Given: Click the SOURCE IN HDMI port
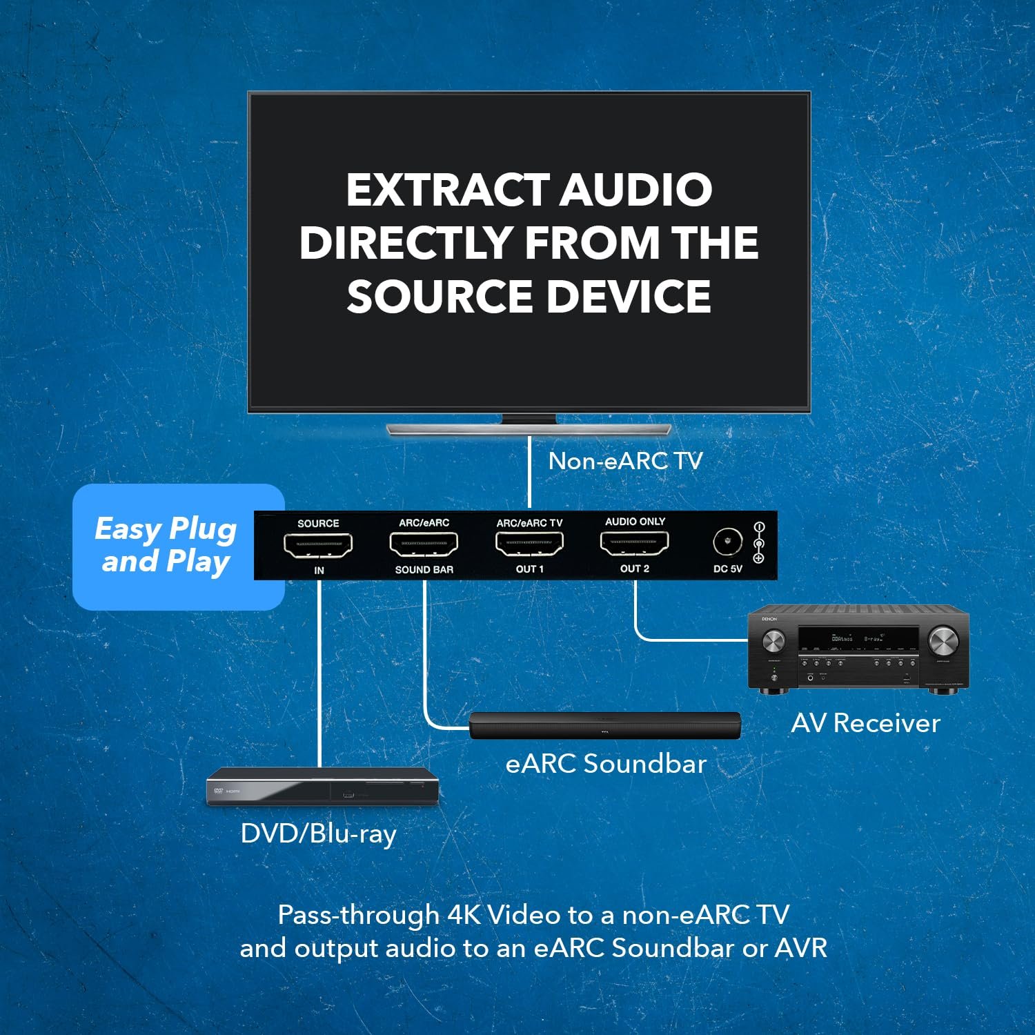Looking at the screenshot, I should click(318, 545).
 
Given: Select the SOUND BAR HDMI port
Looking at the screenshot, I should click(424, 545).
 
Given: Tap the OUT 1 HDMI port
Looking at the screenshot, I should click(529, 544).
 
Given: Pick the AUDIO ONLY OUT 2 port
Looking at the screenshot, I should click(635, 544).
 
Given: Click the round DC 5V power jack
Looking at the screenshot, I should click(727, 542).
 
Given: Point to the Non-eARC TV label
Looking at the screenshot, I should click(625, 461).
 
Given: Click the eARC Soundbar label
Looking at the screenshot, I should click(606, 764).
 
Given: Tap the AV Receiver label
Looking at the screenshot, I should click(865, 723).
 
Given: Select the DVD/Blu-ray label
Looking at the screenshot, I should click(318, 834).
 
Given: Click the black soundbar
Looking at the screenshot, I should click(605, 725).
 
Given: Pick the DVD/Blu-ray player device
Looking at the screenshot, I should click(322, 787).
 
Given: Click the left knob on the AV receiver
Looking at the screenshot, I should click(773, 641).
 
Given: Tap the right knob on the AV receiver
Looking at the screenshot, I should click(943, 641).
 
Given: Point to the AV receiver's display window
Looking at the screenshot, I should click(858, 639).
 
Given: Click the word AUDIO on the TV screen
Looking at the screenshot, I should click(635, 190).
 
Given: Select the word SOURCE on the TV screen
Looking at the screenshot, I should click(439, 297).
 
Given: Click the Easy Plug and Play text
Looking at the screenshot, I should click(166, 545).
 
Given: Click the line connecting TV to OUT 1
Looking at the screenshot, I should click(529, 473).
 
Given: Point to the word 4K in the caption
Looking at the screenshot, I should click(466, 915).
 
